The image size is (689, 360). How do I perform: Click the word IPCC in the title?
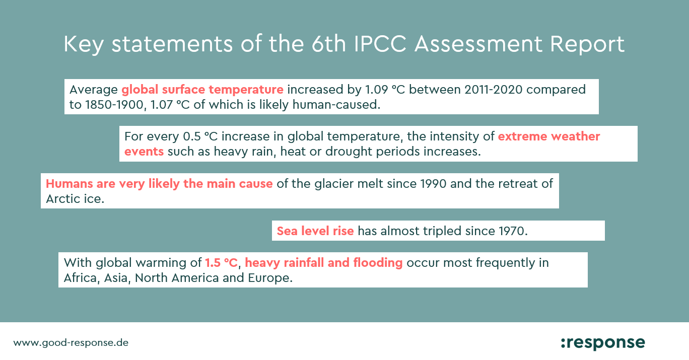(380, 44)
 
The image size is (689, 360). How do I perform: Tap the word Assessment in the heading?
(478, 44)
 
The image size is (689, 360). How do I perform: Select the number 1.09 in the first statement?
(376, 90)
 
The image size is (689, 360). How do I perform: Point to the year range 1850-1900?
(114, 105)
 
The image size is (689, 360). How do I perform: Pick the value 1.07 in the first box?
(162, 105)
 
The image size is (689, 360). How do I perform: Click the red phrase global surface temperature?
(202, 90)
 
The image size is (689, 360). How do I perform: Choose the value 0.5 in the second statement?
(192, 136)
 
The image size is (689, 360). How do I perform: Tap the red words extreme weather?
(549, 136)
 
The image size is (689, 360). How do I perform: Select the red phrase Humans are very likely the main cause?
(159, 184)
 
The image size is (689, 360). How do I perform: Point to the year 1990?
(433, 184)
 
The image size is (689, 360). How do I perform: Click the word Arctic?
(63, 198)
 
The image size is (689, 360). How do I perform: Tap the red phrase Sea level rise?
(315, 231)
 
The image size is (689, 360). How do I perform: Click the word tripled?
(442, 231)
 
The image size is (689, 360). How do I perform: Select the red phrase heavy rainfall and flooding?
(323, 263)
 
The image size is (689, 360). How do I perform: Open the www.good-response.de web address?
(71, 343)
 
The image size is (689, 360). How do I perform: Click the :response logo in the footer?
(603, 343)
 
